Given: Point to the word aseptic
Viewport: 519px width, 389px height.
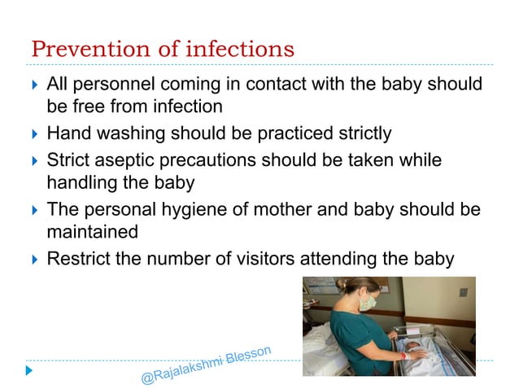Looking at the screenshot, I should point(129,160).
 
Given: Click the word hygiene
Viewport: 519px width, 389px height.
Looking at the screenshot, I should point(203,210).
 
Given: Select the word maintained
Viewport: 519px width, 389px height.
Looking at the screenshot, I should point(92,233).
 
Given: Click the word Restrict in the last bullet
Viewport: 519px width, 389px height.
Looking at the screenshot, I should point(78,260).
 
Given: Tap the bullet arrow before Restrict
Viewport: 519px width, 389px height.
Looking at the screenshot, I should point(33,260).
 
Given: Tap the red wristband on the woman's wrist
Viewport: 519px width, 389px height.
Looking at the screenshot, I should point(401,355).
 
